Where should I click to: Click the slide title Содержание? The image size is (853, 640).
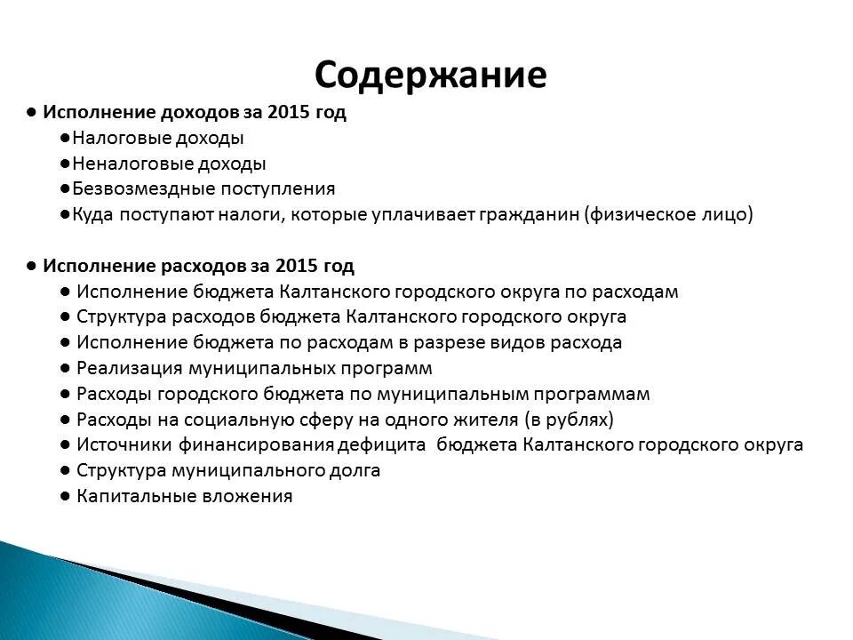(430, 75)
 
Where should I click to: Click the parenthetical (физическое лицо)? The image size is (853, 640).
(668, 214)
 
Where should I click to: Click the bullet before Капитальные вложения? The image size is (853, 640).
(66, 496)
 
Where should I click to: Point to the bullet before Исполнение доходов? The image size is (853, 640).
(31, 113)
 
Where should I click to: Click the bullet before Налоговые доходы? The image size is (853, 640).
(67, 138)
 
